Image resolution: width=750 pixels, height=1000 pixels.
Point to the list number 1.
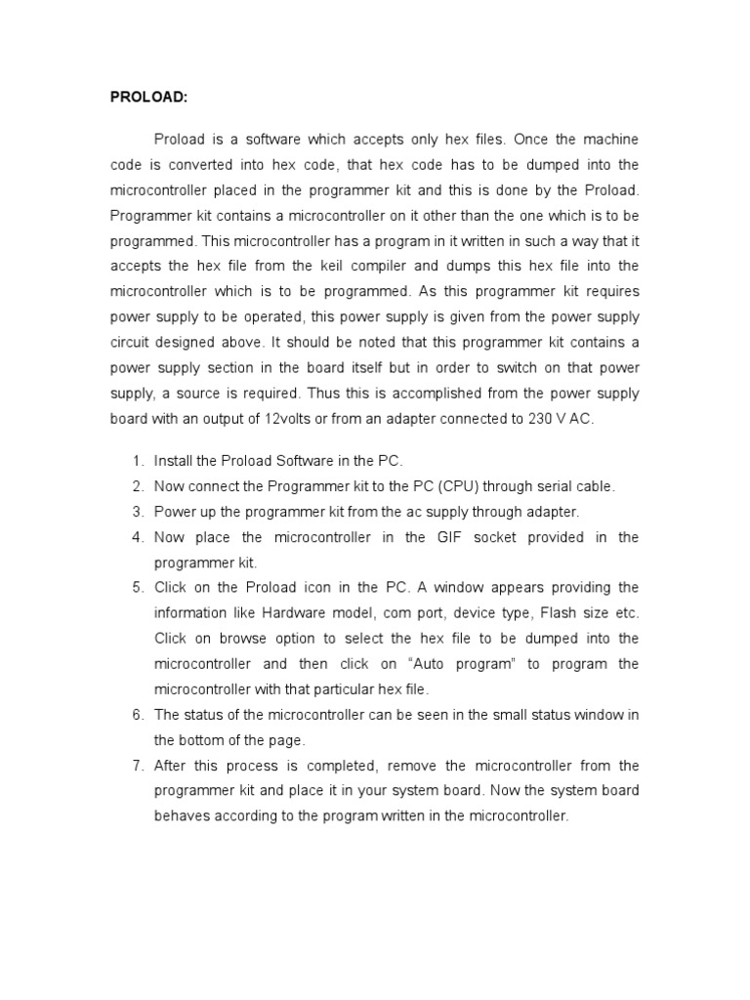(x=137, y=461)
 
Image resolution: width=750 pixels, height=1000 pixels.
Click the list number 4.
(x=137, y=537)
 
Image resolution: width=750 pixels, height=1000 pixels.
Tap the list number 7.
(x=137, y=766)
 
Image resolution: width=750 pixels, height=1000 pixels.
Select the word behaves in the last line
(x=182, y=816)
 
